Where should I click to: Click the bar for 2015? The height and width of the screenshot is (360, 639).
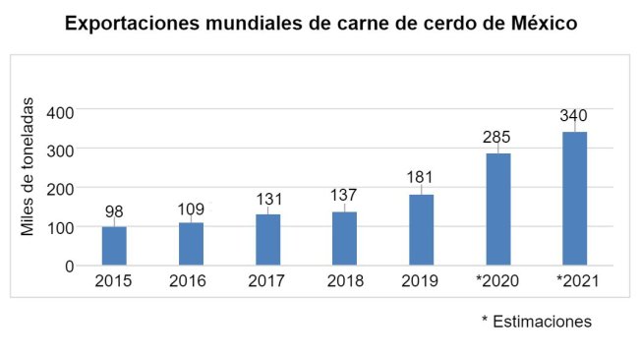pyautogui.click(x=114, y=246)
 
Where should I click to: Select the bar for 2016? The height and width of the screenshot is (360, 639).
pyautogui.click(x=191, y=244)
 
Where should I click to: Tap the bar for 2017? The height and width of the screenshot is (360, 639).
pyautogui.click(x=267, y=240)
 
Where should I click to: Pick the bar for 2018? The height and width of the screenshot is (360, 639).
pyautogui.click(x=344, y=238)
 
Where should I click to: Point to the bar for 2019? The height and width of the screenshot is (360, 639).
pyautogui.click(x=421, y=230)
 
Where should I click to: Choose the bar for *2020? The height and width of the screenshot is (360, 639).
pyautogui.click(x=497, y=210)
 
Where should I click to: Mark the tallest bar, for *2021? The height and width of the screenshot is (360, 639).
pyautogui.click(x=574, y=199)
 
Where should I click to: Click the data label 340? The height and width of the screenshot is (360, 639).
pyautogui.click(x=574, y=116)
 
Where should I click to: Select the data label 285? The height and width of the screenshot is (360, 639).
pyautogui.click(x=497, y=137)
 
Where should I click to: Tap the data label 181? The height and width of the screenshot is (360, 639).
pyautogui.click(x=421, y=177)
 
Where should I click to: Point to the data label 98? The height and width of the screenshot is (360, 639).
pyautogui.click(x=114, y=210)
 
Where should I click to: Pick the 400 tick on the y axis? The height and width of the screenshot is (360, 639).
pyautogui.click(x=61, y=111)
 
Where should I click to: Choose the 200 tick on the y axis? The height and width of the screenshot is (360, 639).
pyautogui.click(x=61, y=188)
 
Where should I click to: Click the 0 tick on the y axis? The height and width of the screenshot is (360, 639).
pyautogui.click(x=69, y=266)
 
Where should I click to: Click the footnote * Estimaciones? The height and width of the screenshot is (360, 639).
pyautogui.click(x=536, y=322)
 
